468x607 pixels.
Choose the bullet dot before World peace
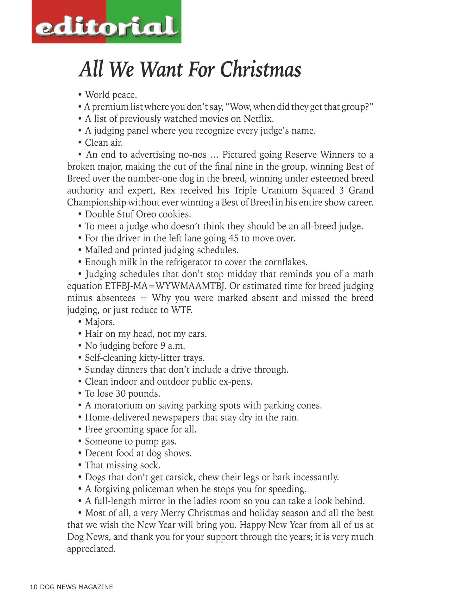(x=80, y=95)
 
